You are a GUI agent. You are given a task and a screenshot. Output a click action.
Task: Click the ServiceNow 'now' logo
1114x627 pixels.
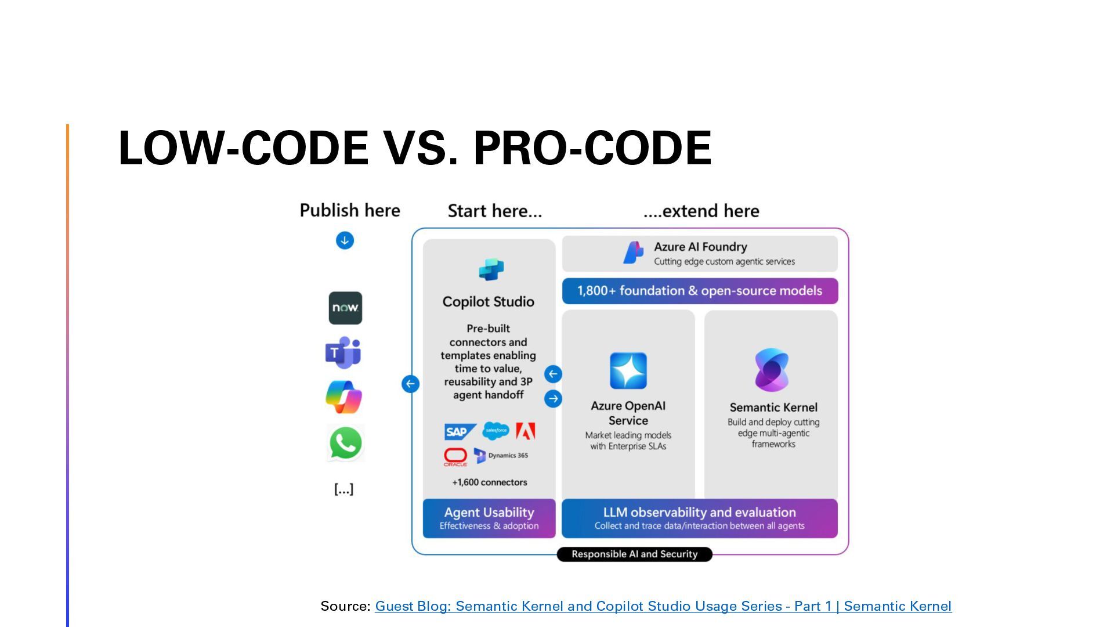[345, 308]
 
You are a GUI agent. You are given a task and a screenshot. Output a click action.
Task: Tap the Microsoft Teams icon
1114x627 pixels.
[343, 352]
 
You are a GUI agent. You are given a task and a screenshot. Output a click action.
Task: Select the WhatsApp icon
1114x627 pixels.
[345, 443]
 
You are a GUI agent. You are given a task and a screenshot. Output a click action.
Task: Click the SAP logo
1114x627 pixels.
[458, 432]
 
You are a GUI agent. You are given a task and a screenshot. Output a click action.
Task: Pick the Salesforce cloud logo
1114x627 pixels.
[496, 431]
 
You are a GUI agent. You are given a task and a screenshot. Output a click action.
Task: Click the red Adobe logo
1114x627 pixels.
[526, 431]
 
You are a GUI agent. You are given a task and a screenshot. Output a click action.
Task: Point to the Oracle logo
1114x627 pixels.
[455, 457]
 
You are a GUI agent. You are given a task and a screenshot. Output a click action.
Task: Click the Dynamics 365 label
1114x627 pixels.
[508, 456]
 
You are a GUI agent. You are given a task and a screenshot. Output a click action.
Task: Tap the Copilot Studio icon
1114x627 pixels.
[491, 269]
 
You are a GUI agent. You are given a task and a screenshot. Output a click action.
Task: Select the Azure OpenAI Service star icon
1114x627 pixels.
[628, 370]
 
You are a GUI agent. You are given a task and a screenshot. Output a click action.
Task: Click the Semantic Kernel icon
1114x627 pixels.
[772, 370]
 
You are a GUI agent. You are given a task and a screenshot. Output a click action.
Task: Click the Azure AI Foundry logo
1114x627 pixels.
[633, 253]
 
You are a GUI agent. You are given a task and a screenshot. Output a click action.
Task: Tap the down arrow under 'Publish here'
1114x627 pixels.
[345, 240]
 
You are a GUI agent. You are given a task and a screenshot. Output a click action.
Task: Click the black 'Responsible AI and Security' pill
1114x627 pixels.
[634, 554]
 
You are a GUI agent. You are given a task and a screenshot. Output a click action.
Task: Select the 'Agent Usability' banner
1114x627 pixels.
[489, 518]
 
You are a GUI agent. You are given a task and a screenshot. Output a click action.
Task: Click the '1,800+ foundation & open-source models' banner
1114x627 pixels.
[700, 291]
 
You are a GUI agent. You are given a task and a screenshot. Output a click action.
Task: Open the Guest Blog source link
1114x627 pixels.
[663, 606]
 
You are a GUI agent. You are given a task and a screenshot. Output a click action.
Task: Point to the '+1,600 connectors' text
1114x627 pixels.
[490, 482]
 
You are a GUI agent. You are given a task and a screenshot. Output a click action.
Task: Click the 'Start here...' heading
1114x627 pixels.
[495, 211]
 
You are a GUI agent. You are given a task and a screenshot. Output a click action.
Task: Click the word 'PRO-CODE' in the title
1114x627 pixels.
[592, 148]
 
